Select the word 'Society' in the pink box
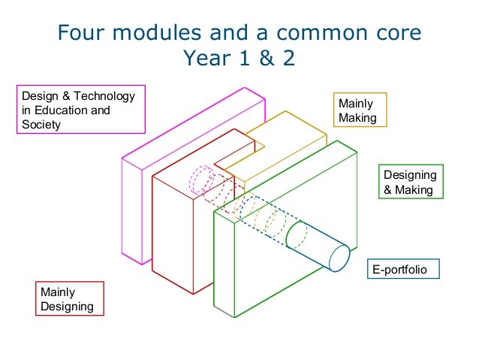click(x=41, y=125)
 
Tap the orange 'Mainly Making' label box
click(x=357, y=110)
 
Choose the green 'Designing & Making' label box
click(x=409, y=183)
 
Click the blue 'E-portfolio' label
click(x=402, y=268)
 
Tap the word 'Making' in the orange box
click(x=357, y=118)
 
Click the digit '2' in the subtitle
click(x=288, y=58)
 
